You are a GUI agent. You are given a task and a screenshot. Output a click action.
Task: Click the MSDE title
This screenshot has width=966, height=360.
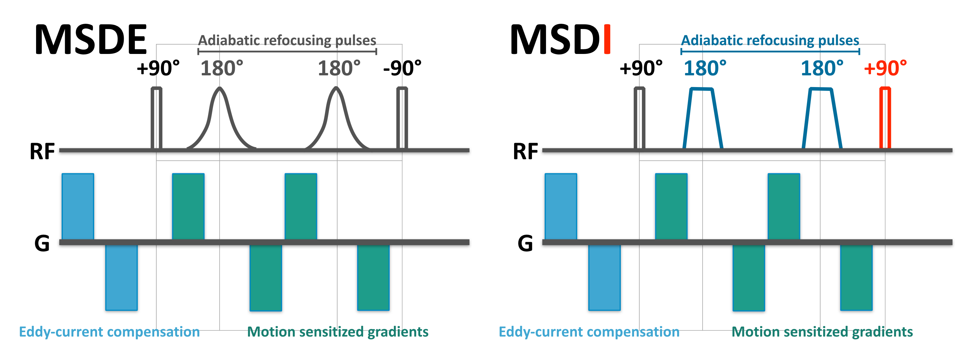coord(91,39)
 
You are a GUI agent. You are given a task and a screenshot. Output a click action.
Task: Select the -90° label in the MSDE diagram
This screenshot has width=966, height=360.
coord(402,68)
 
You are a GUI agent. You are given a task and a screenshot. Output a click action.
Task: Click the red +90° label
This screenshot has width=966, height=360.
coord(885,68)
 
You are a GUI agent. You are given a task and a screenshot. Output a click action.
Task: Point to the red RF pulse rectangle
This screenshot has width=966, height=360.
coord(885,118)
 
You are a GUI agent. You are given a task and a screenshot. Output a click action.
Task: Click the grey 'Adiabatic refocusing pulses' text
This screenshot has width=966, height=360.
coord(287,40)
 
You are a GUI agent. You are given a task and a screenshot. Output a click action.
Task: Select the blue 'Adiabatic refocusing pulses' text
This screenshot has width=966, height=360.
coord(770,40)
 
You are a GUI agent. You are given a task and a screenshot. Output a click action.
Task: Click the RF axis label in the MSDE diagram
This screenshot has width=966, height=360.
coord(42,152)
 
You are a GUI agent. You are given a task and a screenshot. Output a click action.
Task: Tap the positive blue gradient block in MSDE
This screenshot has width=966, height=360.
coord(78,206)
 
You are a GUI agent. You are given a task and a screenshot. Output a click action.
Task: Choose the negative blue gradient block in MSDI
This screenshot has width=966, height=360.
coord(604,278)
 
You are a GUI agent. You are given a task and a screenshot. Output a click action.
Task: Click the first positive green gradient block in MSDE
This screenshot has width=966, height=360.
coord(188,206)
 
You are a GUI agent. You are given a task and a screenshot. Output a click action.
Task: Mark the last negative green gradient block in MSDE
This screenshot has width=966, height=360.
coord(373,278)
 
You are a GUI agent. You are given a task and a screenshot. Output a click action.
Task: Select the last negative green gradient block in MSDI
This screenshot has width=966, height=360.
coord(856,278)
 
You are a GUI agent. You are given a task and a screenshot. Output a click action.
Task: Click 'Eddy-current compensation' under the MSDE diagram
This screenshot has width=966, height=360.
coord(109,332)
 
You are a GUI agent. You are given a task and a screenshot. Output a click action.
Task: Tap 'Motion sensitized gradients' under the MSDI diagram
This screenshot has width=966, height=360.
coord(822,332)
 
